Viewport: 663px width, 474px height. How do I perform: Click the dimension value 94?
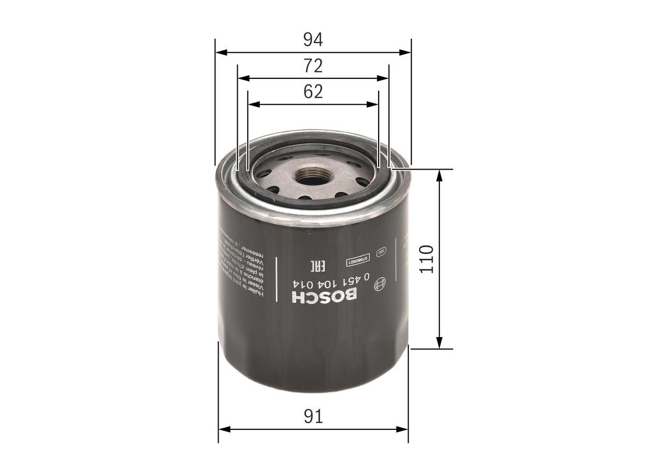point(313,39)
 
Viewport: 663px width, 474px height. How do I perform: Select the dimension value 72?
point(313,66)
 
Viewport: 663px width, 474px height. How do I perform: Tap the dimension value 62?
point(313,92)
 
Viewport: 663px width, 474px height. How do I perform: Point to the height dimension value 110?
point(426,259)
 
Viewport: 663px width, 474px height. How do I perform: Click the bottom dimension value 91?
point(313,416)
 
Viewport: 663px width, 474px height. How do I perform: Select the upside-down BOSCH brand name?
point(324,297)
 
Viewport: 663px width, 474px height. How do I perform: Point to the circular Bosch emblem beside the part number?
point(381,283)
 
